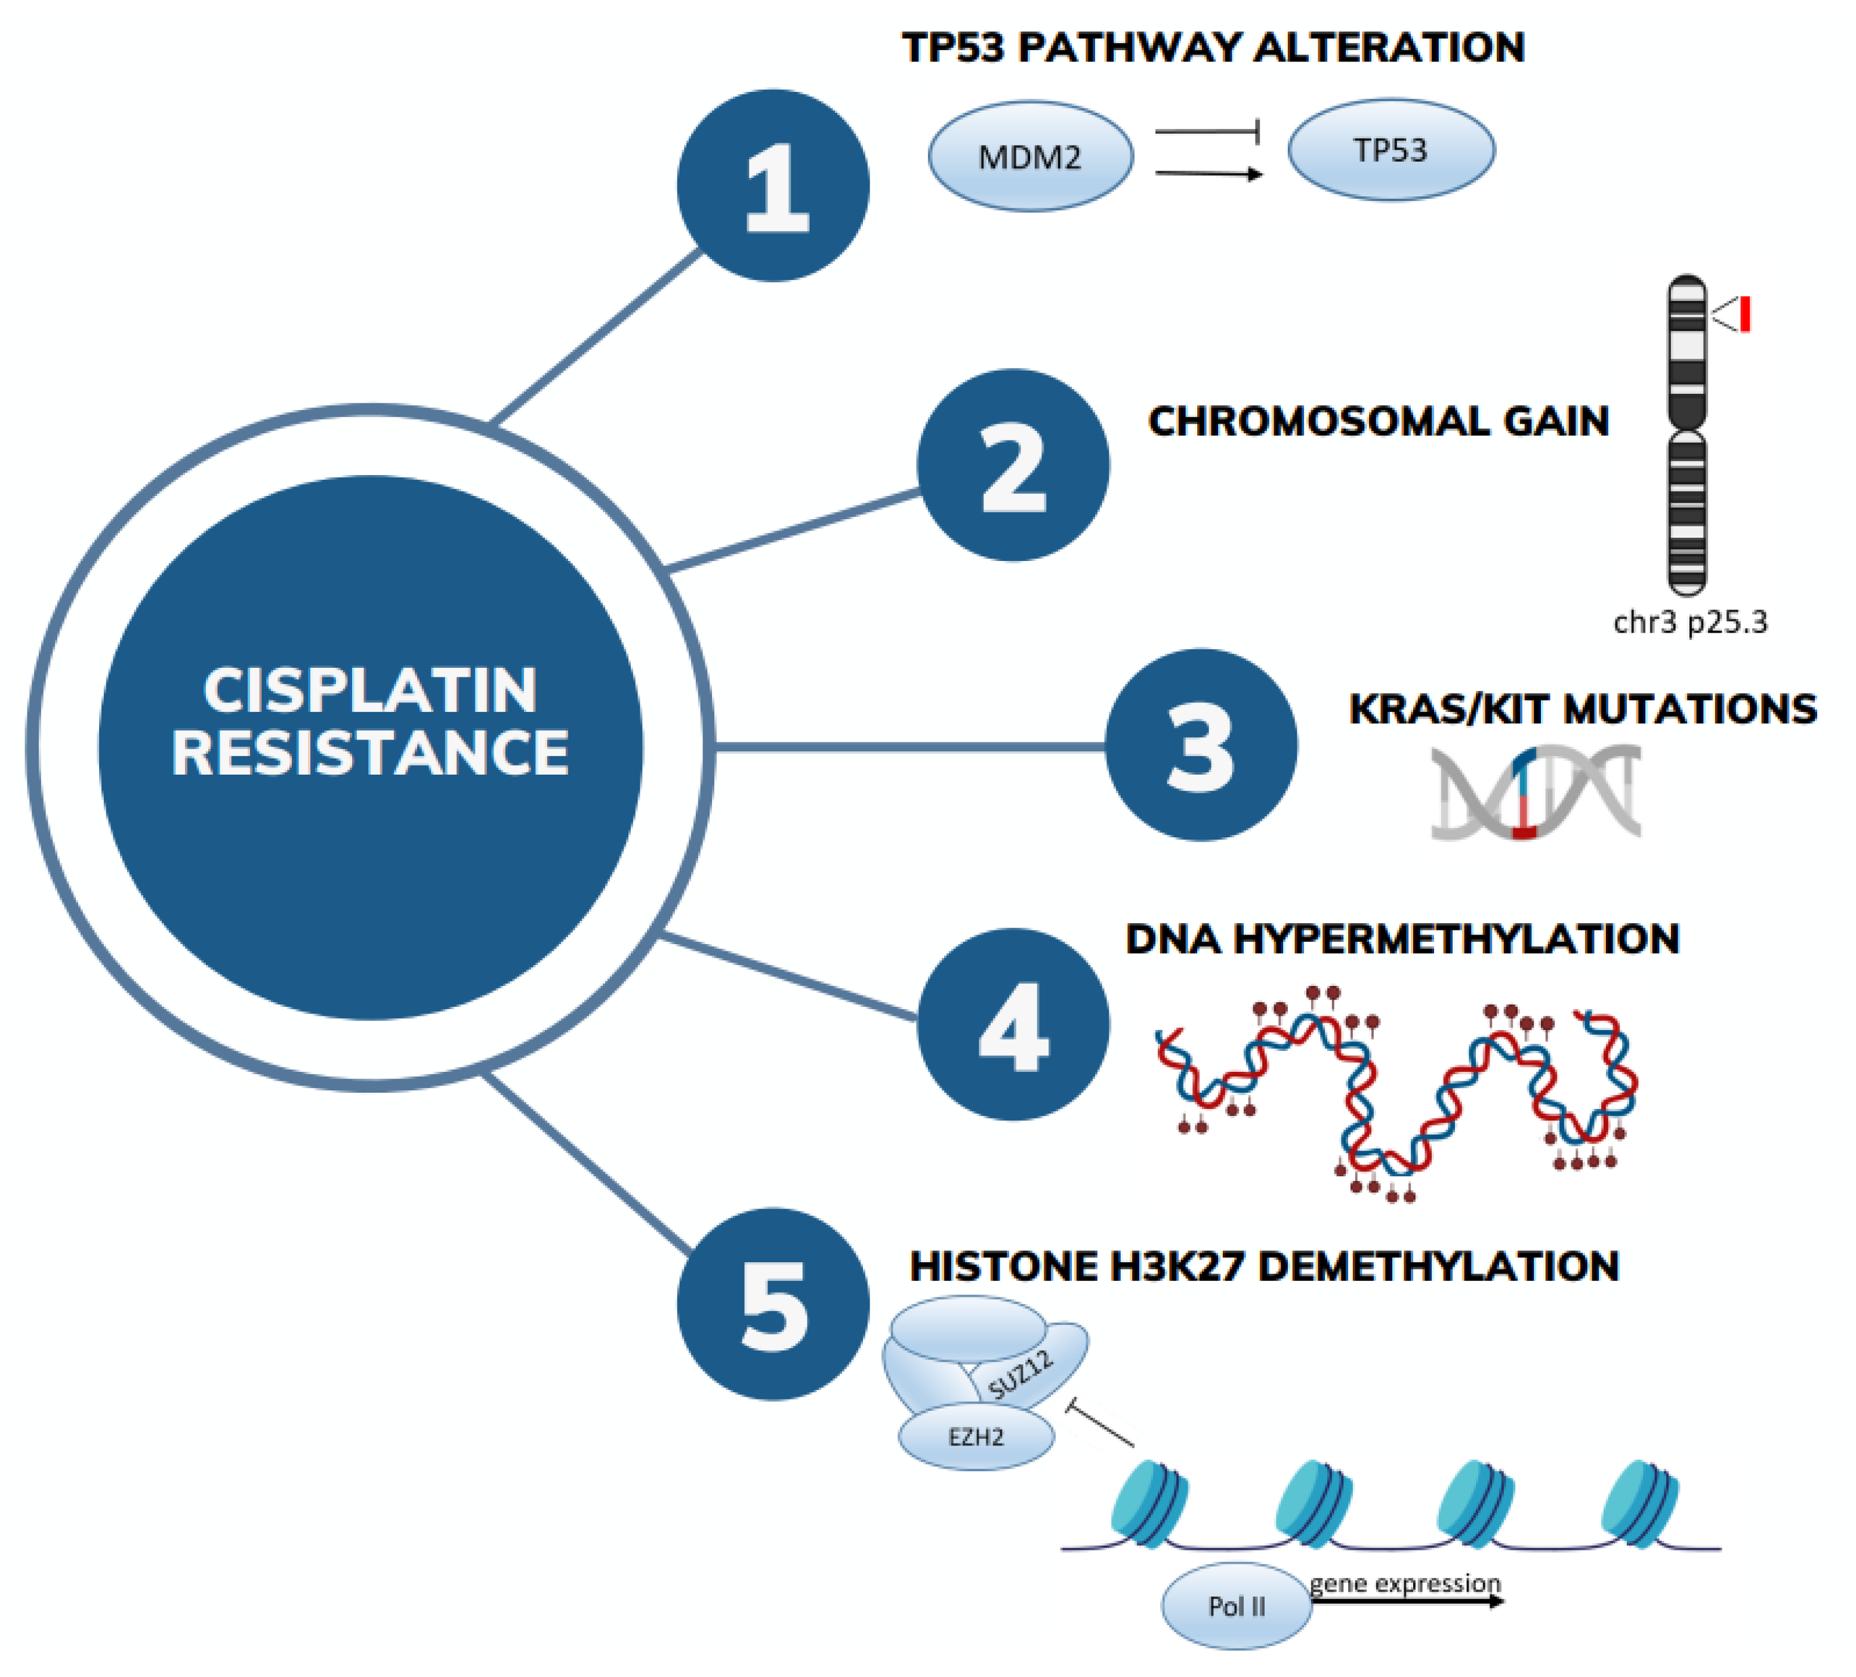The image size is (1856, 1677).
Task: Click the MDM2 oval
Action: pyautogui.click(x=1030, y=156)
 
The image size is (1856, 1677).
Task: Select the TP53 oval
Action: pyautogui.click(x=1390, y=149)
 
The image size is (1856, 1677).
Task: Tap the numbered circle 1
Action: pyautogui.click(x=773, y=185)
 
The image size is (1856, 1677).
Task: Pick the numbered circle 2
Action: pyautogui.click(x=1013, y=465)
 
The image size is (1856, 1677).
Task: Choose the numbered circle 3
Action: pyautogui.click(x=1201, y=745)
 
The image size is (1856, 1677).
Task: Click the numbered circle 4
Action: pyautogui.click(x=1013, y=1025)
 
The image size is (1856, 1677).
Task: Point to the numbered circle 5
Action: pyautogui.click(x=773, y=1304)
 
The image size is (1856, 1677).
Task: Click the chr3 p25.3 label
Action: pyautogui.click(x=1690, y=623)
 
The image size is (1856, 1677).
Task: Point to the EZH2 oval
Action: pyautogui.click(x=976, y=1436)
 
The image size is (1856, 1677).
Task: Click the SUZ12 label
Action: pyautogui.click(x=1020, y=1375)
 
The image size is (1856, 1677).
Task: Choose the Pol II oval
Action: pyautogui.click(x=1237, y=1606)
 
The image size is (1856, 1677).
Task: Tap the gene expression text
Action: pyautogui.click(x=1405, y=1583)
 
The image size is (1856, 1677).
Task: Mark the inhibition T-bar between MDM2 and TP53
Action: pyautogui.click(x=1208, y=132)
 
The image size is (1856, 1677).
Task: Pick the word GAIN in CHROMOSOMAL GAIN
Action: pyautogui.click(x=1556, y=421)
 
